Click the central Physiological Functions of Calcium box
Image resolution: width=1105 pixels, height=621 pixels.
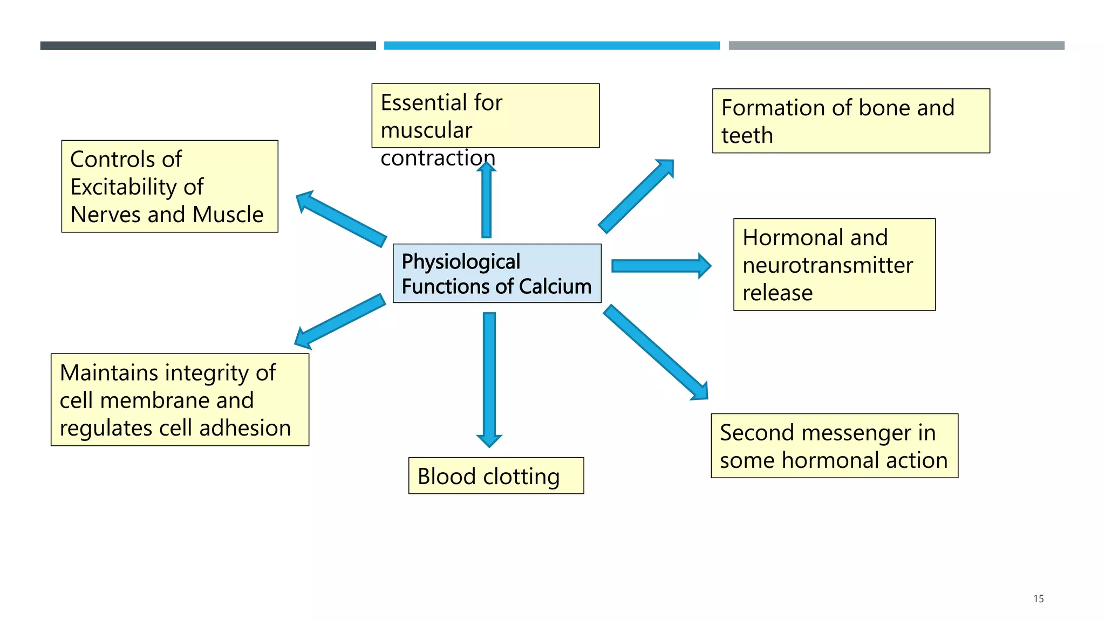(x=496, y=273)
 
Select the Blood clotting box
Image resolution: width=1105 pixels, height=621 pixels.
(x=496, y=475)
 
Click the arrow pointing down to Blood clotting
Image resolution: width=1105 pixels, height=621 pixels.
(x=489, y=377)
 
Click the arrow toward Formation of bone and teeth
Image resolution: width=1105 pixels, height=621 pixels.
(x=637, y=197)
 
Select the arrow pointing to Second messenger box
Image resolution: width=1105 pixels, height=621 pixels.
(x=656, y=353)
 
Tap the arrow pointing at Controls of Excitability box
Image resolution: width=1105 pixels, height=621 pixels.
(x=341, y=218)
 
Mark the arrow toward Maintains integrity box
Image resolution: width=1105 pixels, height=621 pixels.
(x=340, y=321)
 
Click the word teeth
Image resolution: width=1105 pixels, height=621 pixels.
(x=747, y=136)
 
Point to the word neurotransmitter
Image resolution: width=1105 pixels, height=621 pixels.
(x=828, y=265)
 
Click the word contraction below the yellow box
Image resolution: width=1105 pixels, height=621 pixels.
(x=438, y=158)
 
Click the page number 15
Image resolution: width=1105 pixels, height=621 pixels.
(x=1038, y=598)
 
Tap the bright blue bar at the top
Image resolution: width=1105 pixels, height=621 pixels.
(x=551, y=46)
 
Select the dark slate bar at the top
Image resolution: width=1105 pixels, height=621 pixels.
(x=208, y=46)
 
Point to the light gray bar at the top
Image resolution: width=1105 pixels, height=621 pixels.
(x=896, y=46)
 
